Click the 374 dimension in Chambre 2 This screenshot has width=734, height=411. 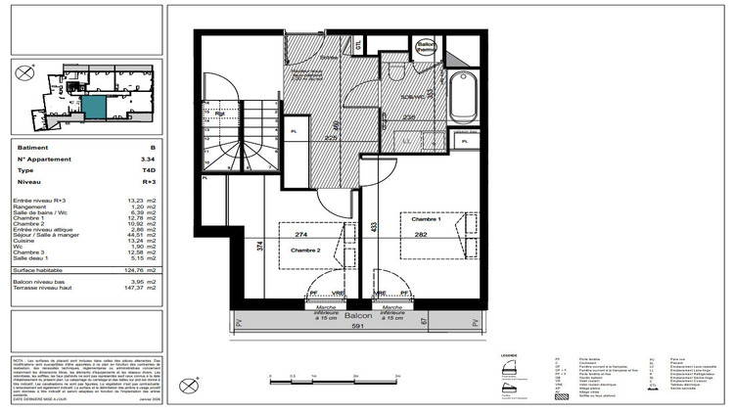tap(259, 247)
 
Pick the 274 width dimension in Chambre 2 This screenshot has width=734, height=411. tap(302, 235)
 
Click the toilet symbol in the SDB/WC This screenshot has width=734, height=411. tap(393, 73)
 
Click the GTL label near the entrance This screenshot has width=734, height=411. tap(359, 46)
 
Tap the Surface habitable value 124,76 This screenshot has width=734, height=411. tap(147, 269)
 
